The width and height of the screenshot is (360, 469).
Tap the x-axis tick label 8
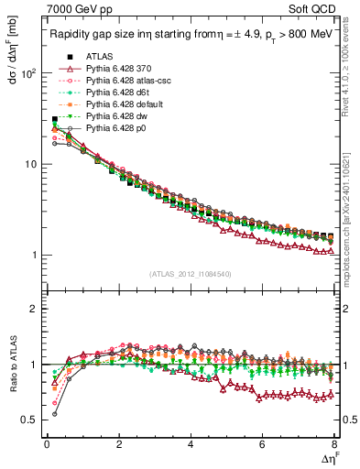(x=333, y=444)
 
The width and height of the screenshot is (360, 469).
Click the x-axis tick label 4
(x=190, y=444)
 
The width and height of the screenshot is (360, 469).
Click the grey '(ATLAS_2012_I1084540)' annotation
(x=190, y=274)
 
